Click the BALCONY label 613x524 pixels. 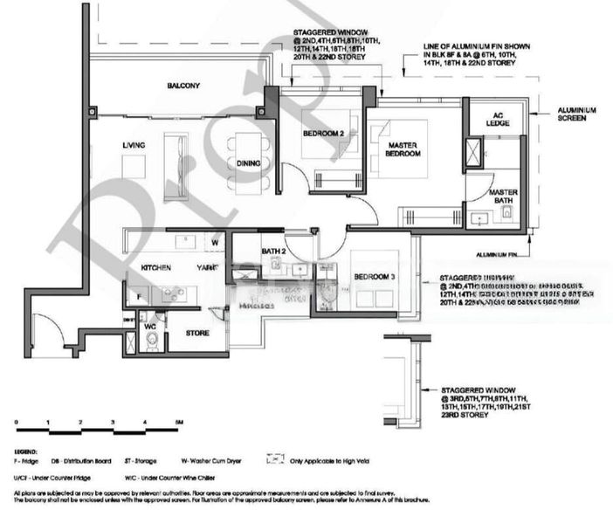(184, 86)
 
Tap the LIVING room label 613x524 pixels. (133, 145)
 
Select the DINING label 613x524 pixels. (249, 163)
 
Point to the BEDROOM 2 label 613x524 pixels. (320, 133)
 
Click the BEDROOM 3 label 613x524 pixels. (375, 277)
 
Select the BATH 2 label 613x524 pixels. (273, 252)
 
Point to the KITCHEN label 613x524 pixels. (155, 267)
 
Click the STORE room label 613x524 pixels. (198, 333)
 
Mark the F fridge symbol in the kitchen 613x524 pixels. (137, 298)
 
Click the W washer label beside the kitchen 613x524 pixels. (213, 242)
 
